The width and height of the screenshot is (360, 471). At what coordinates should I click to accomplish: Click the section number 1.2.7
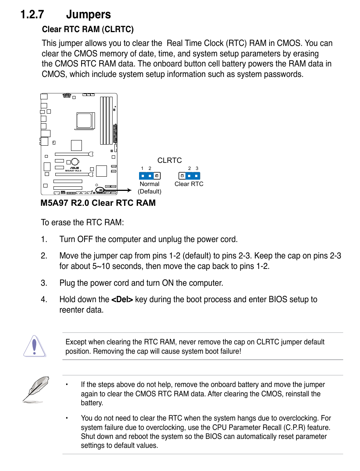tap(32, 15)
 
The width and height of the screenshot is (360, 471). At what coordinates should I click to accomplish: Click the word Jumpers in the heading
tap(88, 15)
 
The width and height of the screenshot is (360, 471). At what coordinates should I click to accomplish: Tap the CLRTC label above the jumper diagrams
tap(169, 160)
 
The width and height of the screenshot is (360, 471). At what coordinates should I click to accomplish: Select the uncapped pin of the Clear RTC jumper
tap(182, 176)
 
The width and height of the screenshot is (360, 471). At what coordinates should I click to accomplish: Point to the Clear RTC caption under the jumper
tap(189, 184)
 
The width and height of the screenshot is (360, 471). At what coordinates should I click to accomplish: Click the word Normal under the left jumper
tap(149, 184)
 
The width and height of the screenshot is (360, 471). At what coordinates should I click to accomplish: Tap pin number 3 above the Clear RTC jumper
tap(197, 168)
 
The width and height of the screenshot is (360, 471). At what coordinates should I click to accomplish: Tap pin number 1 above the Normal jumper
tap(142, 168)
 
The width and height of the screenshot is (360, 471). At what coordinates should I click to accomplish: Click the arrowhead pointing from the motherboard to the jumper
tap(129, 190)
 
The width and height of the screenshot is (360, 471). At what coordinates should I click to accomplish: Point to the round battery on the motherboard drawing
tap(75, 162)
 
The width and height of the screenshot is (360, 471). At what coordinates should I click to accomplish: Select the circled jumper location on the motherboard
tap(100, 190)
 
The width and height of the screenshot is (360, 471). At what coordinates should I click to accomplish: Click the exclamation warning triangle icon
tap(35, 346)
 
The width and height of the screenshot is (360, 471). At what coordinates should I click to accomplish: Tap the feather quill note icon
tap(36, 389)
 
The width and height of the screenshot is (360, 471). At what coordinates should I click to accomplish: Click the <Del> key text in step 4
tap(122, 300)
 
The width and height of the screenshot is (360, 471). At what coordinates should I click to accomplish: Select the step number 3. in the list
tap(44, 283)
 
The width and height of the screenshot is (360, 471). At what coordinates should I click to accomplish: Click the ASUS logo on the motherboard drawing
tap(74, 168)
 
